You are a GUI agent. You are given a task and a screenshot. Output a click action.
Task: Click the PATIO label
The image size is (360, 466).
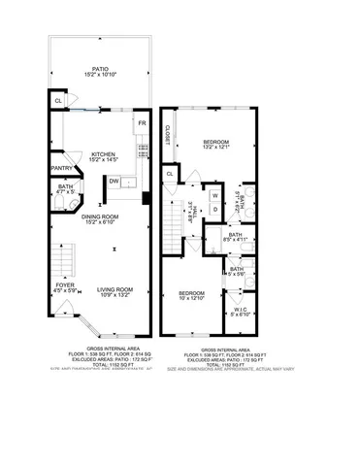(x=94, y=70)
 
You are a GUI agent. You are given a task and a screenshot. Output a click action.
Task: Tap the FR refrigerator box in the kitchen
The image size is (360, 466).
(x=141, y=123)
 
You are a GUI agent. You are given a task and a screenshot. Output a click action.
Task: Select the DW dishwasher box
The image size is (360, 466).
(x=115, y=181)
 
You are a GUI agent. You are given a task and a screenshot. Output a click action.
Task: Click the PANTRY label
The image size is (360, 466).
(x=62, y=167)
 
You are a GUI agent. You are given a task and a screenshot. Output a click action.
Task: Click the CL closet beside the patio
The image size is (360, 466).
(x=58, y=99)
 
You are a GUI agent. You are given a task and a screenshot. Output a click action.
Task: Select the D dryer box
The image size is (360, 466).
(x=215, y=209)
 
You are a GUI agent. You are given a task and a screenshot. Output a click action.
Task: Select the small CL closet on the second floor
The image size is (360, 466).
(x=171, y=173)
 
